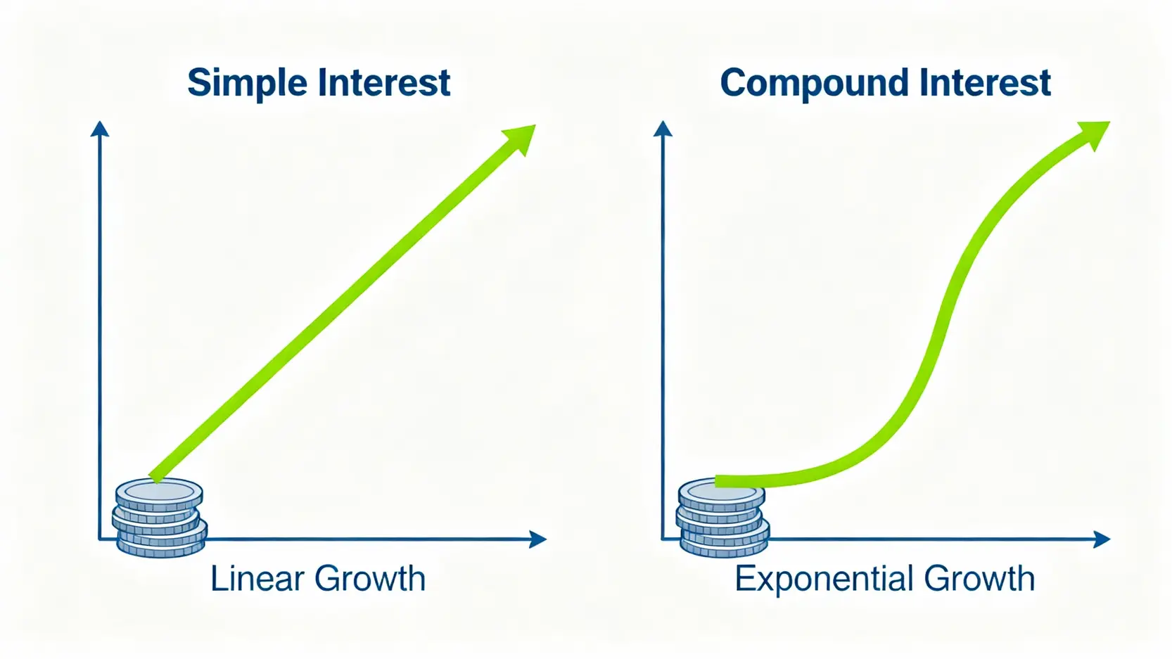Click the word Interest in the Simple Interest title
pos(385,82)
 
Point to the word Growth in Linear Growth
pos(370,578)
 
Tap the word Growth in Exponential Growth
pos(979,578)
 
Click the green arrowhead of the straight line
pos(521,139)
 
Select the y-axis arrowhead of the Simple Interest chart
pos(99,129)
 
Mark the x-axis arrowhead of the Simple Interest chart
pos(538,539)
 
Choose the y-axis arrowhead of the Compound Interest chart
pos(663,129)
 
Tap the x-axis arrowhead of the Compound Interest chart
pos(1102,539)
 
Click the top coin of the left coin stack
pos(159,494)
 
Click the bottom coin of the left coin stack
pos(160,547)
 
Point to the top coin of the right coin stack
pos(722,494)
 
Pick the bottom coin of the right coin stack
pos(724,547)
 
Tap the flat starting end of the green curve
pos(716,482)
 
